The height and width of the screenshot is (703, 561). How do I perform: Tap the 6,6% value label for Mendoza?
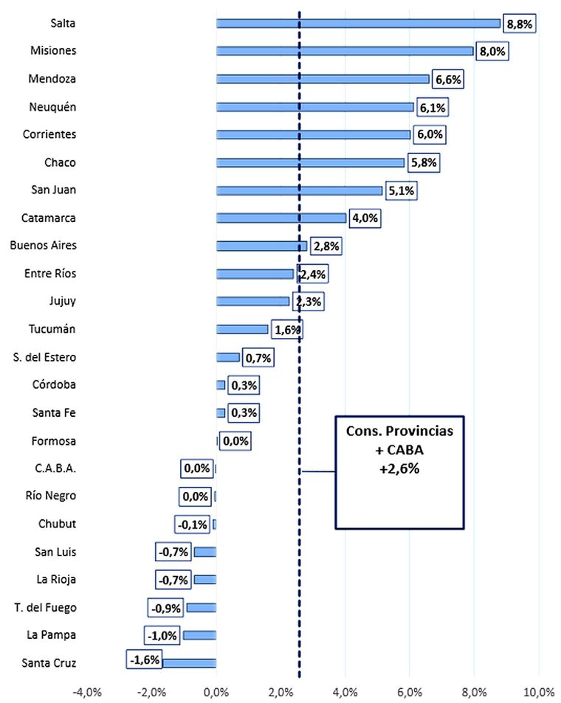447,79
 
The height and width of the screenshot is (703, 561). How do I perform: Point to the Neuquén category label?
53,107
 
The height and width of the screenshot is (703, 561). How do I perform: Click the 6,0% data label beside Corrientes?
430,135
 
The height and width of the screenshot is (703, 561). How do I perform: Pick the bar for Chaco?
310,162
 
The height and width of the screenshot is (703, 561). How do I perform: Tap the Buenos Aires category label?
44,246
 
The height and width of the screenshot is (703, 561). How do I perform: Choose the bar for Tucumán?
242,329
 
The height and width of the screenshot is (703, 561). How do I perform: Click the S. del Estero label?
45,358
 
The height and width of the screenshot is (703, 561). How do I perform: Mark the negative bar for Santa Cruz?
189,662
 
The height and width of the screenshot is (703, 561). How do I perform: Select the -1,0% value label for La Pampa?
162,635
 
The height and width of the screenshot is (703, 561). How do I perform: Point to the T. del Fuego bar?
201,607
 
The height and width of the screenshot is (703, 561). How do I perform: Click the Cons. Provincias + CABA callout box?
399,471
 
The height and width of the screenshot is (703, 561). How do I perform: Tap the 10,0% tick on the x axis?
538,692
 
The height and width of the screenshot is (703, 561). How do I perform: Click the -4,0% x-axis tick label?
88,692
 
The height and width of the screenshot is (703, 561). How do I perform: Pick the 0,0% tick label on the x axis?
216,692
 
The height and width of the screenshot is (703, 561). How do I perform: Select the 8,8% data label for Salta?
519,24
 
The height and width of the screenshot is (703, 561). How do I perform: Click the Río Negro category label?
49,496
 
